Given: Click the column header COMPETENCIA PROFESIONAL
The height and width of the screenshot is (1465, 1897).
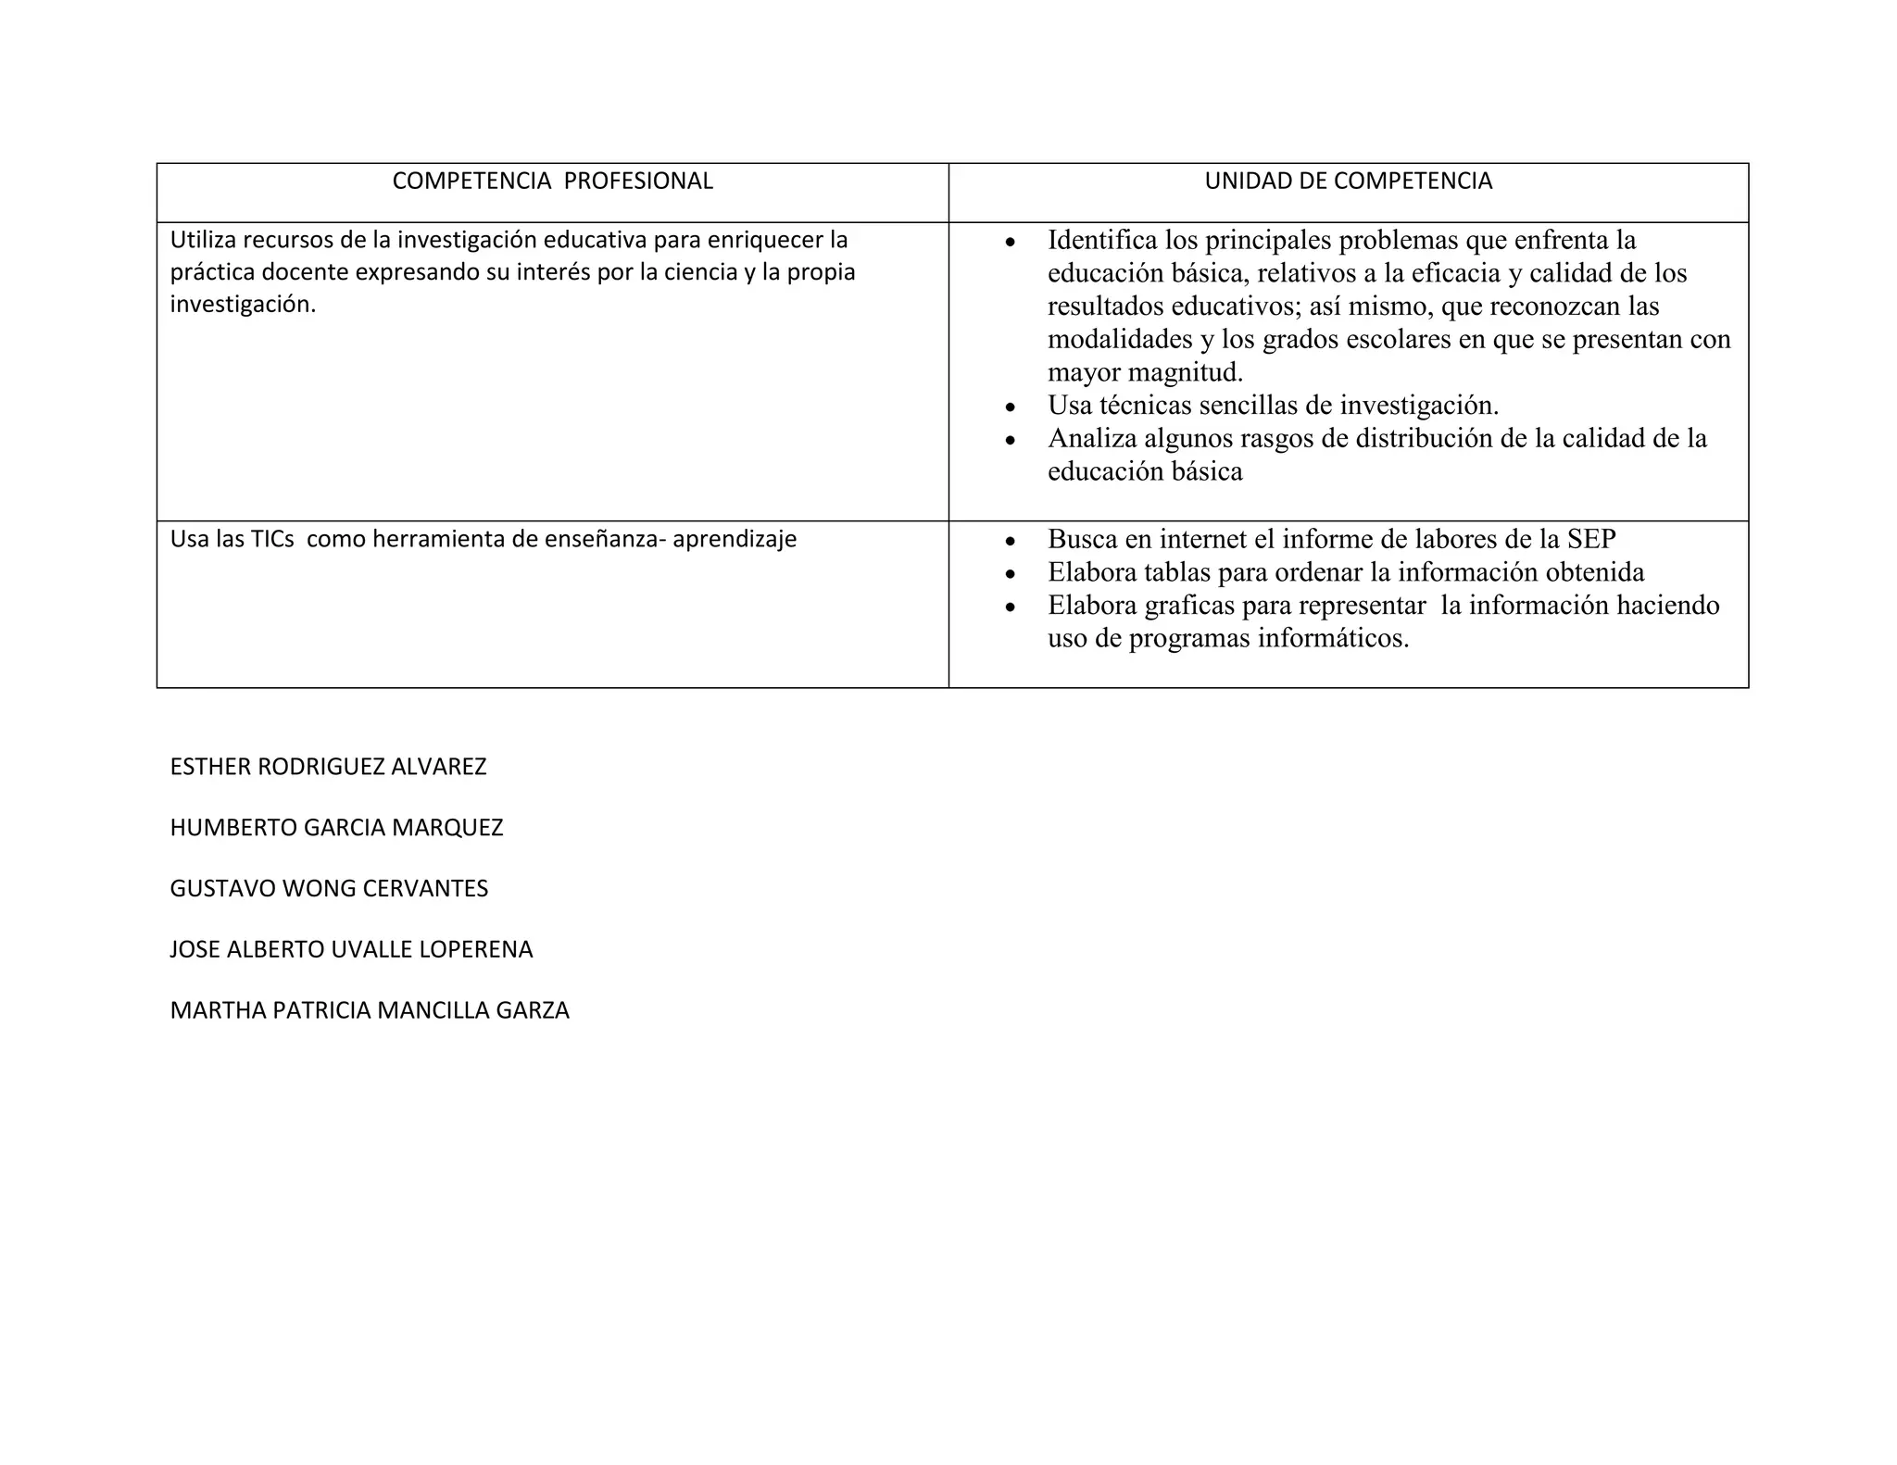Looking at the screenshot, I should pyautogui.click(x=552, y=182).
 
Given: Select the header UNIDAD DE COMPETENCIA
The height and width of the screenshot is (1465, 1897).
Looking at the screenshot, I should pyautogui.click(x=1348, y=182).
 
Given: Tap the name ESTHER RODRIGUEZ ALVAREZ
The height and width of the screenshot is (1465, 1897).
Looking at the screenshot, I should pyautogui.click(x=328, y=767).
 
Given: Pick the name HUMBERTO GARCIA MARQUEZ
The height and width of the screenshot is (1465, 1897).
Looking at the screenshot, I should pyautogui.click(x=336, y=828).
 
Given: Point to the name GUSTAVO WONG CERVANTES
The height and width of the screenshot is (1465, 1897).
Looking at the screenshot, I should pyautogui.click(x=329, y=889).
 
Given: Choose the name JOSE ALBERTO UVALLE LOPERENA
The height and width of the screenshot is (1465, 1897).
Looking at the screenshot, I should pyautogui.click(x=351, y=950).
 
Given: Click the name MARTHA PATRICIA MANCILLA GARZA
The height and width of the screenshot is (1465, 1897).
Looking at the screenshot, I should pyautogui.click(x=370, y=1010).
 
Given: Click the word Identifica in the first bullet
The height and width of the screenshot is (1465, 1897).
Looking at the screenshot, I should pyautogui.click(x=1102, y=241).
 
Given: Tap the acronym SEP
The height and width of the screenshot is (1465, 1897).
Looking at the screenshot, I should pyautogui.click(x=1591, y=539).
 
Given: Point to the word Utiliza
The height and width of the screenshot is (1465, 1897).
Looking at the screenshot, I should pyautogui.click(x=203, y=241).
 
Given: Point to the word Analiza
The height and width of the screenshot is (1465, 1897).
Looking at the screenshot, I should pyautogui.click(x=1092, y=438).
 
